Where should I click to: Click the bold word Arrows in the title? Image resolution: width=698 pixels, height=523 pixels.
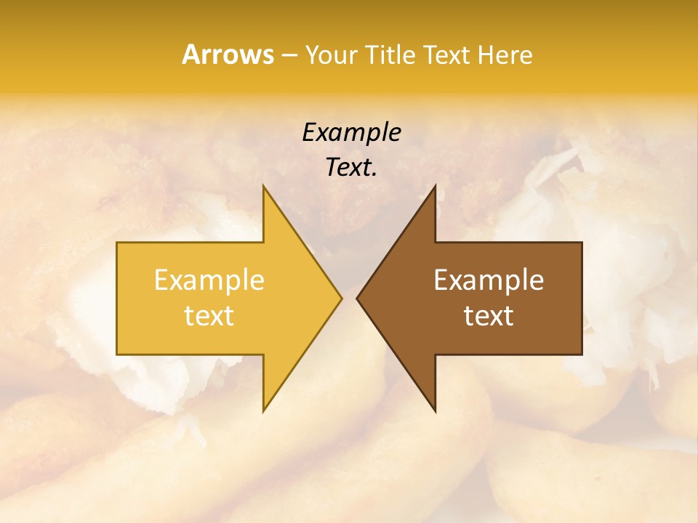click(228, 54)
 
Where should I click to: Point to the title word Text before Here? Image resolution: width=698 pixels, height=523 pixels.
click(447, 55)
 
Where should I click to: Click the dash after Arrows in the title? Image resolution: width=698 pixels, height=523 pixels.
click(288, 55)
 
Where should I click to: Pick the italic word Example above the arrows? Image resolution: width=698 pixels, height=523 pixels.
click(351, 133)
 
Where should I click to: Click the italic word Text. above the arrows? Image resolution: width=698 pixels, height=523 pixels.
click(351, 167)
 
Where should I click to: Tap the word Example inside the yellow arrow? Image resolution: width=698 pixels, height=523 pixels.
click(209, 280)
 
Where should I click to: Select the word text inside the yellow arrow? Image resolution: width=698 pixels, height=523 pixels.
click(209, 316)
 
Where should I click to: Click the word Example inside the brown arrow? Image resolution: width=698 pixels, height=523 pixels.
click(489, 280)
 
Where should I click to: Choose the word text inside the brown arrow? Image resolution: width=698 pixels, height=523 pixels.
click(489, 316)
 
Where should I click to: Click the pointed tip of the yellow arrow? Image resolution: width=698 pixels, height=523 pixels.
click(342, 298)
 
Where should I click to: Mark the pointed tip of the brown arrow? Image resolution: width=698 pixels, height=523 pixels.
click(356, 298)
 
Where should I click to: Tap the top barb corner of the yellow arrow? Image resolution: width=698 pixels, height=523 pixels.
click(263, 185)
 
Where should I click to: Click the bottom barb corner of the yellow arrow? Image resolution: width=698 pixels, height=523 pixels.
click(263, 412)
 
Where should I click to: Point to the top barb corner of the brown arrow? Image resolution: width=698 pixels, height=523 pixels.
click(435, 185)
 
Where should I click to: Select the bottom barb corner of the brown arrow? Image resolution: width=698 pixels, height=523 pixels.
click(435, 412)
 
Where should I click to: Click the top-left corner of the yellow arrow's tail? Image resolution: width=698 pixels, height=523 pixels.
click(117, 243)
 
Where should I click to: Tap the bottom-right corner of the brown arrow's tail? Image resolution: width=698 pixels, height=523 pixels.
click(582, 354)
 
